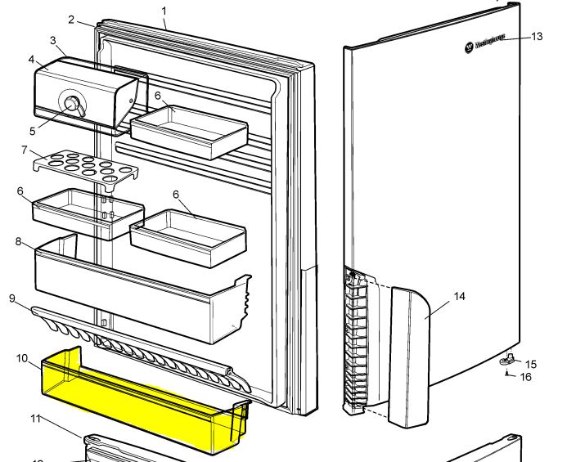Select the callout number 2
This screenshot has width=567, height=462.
(x=72, y=20)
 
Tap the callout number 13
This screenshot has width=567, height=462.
(x=537, y=37)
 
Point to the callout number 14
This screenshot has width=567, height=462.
(x=460, y=296)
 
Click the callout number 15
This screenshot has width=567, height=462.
(x=531, y=364)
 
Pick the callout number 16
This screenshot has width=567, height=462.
(x=526, y=377)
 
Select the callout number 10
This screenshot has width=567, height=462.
(x=21, y=358)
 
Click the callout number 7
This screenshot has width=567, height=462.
(x=25, y=150)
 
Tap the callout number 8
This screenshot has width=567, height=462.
(x=17, y=242)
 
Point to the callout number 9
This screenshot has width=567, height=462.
(x=12, y=298)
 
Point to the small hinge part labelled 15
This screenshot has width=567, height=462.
(x=507, y=357)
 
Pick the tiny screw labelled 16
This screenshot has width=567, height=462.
(x=509, y=374)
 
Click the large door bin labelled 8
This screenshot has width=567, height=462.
(x=131, y=294)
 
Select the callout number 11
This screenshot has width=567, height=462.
(x=35, y=419)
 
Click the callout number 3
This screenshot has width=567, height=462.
(x=52, y=40)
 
